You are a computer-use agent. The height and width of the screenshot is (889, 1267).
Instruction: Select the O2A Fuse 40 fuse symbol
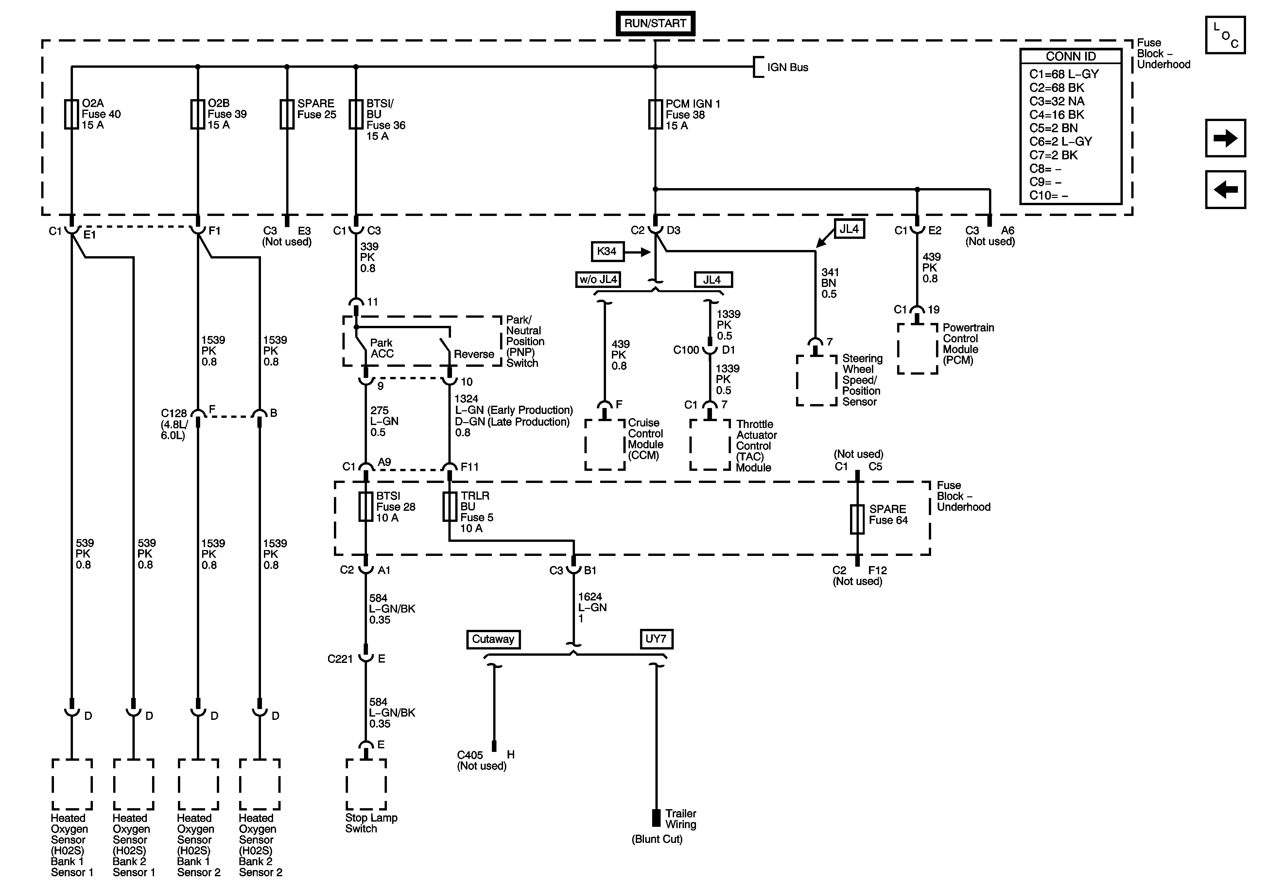[71, 114]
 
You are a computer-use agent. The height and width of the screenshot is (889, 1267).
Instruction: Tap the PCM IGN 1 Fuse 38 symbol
[655, 114]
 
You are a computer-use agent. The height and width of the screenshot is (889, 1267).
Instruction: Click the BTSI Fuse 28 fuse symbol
[366, 507]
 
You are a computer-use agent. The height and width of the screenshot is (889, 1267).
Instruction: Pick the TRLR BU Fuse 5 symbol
[450, 507]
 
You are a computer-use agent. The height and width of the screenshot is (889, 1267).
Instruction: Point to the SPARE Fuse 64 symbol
[857, 519]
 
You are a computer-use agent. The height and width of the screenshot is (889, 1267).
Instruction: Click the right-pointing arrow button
[1225, 138]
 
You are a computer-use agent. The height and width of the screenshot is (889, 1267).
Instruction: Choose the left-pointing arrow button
[1225, 189]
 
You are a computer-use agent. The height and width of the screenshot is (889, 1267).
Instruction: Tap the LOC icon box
[1225, 35]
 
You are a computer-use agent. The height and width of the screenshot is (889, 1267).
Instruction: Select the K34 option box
[607, 251]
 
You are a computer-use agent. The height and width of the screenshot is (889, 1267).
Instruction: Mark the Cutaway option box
[493, 639]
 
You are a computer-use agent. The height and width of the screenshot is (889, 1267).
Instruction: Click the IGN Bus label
[788, 67]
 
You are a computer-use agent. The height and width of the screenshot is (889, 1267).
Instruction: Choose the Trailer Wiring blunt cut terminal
[656, 818]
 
